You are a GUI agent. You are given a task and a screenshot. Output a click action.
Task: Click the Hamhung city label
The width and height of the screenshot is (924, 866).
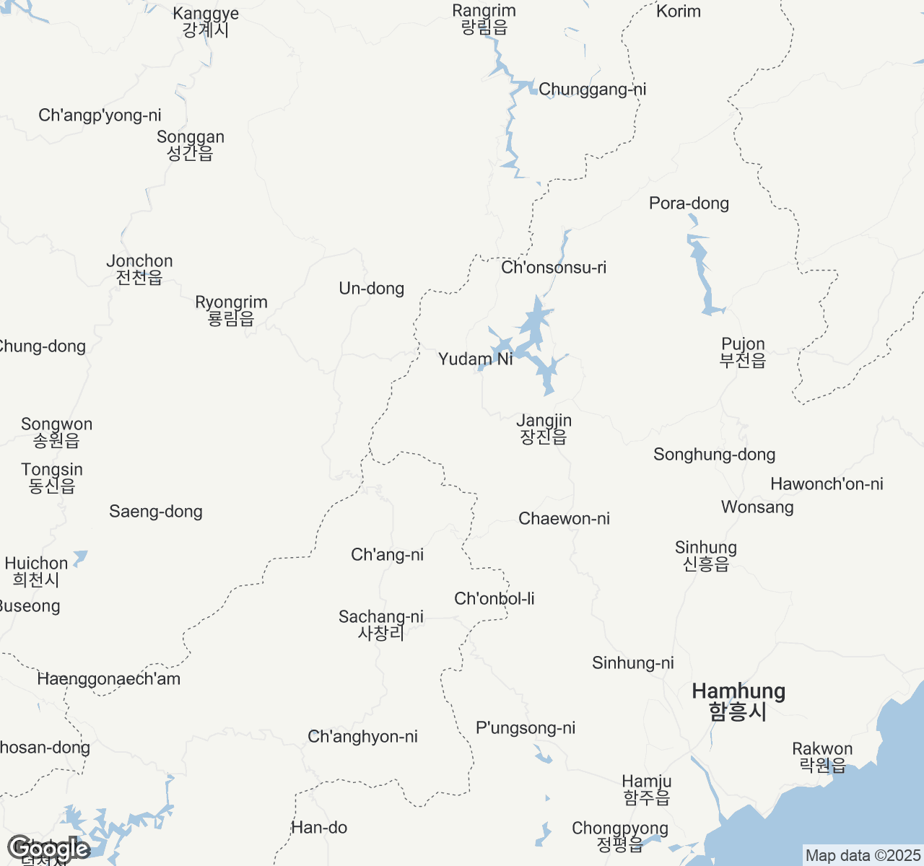(738, 701)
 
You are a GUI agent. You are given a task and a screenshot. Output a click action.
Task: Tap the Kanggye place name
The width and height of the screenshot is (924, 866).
(206, 22)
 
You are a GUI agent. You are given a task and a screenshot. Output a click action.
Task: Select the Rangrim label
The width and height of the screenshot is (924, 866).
(484, 19)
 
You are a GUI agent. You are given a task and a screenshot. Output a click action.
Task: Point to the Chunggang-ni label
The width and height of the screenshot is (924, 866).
(592, 89)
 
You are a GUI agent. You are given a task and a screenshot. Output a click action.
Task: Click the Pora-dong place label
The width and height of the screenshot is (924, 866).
(689, 204)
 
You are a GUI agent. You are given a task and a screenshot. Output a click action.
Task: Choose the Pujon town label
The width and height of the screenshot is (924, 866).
(743, 352)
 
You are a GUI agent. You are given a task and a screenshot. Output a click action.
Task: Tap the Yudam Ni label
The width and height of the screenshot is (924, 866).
(475, 359)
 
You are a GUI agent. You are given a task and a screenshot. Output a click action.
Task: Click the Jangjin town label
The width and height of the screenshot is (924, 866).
(544, 429)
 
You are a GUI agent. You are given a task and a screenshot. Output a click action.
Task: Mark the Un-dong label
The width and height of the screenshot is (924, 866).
(371, 289)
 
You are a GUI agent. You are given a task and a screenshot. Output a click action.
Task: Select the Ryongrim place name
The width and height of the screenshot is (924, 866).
(231, 310)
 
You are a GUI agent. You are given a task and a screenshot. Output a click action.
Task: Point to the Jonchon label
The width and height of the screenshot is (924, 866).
(139, 269)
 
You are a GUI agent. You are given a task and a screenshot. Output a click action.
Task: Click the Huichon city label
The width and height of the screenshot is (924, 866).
(36, 571)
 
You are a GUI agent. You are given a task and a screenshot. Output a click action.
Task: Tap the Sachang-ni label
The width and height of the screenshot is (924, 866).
(381, 625)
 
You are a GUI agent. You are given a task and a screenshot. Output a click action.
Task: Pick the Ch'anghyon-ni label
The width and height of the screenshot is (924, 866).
(362, 737)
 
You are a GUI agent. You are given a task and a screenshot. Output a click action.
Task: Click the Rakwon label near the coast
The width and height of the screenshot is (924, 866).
(822, 757)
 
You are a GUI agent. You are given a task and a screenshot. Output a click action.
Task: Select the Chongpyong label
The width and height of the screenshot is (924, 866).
(619, 836)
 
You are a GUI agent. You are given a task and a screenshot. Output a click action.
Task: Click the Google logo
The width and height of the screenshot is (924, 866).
(48, 849)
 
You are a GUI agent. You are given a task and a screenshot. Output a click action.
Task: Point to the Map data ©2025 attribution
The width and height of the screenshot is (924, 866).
(863, 856)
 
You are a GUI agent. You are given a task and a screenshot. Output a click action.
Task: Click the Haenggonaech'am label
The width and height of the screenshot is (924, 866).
(108, 679)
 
